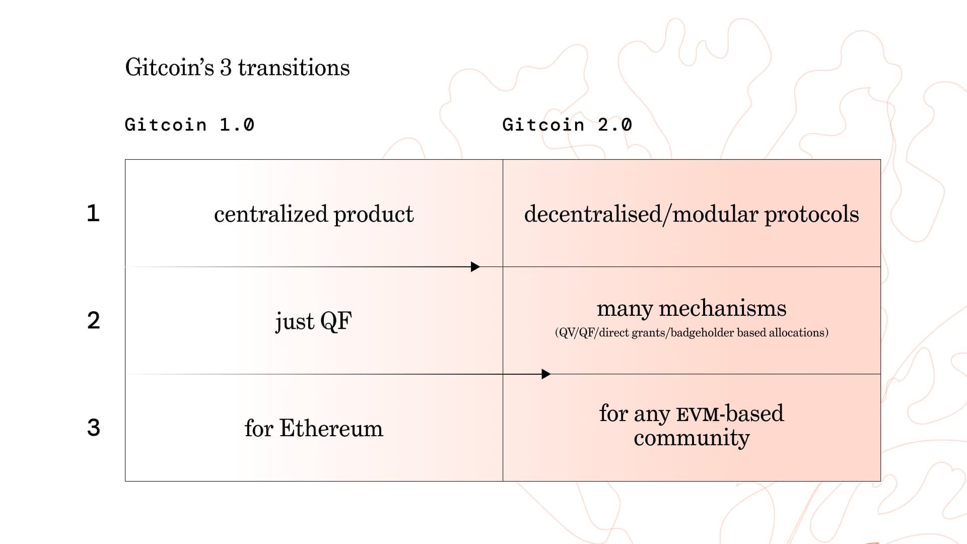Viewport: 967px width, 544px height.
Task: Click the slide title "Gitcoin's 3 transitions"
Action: (237, 67)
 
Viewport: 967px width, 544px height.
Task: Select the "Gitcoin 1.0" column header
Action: (190, 124)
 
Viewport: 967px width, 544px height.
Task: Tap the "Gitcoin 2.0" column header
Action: (567, 124)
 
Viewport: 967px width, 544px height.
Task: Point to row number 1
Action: (93, 213)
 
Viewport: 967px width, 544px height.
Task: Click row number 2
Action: (94, 320)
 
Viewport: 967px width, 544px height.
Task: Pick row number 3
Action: (94, 428)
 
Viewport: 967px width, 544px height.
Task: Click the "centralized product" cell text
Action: (314, 214)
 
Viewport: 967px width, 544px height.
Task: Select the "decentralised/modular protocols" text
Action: (692, 214)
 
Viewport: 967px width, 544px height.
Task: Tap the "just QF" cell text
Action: (314, 321)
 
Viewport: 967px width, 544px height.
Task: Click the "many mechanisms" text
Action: (692, 308)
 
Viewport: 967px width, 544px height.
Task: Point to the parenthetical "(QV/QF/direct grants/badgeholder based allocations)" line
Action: (692, 332)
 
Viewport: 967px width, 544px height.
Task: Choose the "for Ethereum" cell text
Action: (314, 428)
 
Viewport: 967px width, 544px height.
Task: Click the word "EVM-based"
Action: (730, 414)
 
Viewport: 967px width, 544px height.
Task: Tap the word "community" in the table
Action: (692, 438)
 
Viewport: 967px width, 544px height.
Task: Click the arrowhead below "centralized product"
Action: (475, 267)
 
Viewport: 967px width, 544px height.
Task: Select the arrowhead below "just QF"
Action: (546, 374)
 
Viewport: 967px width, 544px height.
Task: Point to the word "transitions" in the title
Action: (294, 67)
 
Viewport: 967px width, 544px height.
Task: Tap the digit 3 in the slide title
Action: (226, 68)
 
